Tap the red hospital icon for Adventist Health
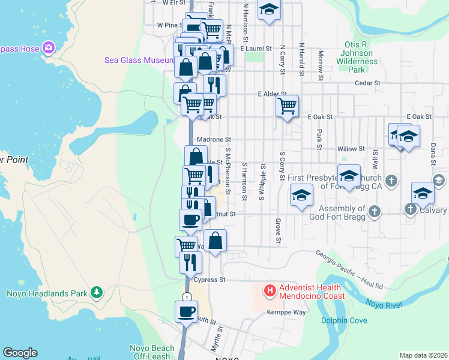pos(270,291)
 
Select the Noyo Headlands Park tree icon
pos(96,293)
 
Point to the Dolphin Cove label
pos(343,320)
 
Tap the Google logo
pos(20,353)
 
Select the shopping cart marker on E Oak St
pos(288,106)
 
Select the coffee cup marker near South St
pos(185,311)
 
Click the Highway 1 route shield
pos(187,298)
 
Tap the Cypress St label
pos(209,280)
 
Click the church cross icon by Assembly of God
pos(375,211)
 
